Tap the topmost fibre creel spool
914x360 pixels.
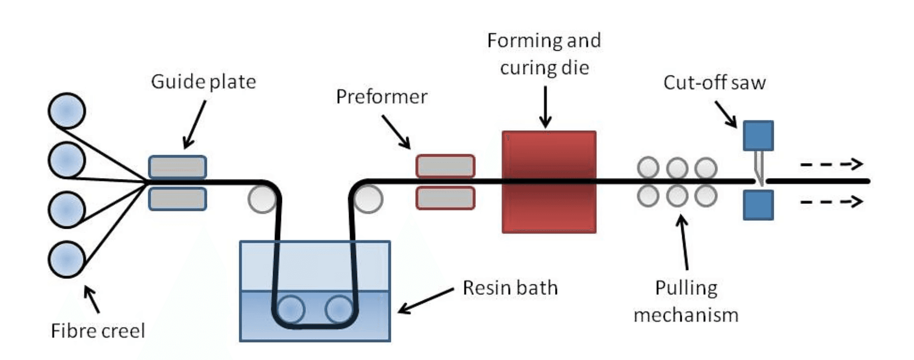[67, 110]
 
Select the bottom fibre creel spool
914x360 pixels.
[67, 259]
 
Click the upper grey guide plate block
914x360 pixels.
[178, 167]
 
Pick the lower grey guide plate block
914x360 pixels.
[178, 199]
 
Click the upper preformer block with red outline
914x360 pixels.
[446, 166]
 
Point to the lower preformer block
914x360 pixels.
[446, 198]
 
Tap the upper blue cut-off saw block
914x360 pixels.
[758, 135]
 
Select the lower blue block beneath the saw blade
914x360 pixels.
[758, 205]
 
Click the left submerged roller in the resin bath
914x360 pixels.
[290, 309]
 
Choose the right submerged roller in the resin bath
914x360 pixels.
[339, 309]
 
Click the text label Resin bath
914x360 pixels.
[510, 288]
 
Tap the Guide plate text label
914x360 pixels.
[203, 82]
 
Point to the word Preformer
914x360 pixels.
[381, 96]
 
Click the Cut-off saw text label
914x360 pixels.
[714, 83]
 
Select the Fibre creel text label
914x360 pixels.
[98, 331]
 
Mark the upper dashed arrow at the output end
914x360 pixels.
[831, 164]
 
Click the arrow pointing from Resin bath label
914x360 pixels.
[426, 300]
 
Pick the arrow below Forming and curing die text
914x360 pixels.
[546, 107]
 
